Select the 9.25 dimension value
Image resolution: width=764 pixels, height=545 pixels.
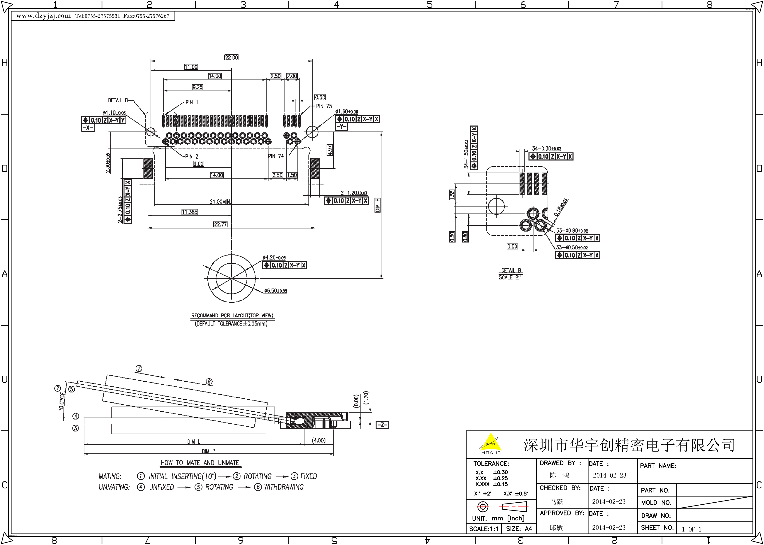197,87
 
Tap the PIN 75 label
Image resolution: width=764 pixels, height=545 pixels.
324,106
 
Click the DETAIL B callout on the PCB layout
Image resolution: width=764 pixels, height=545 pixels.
118,100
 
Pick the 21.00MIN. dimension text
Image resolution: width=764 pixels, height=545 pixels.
220,202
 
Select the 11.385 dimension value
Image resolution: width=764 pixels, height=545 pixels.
190,212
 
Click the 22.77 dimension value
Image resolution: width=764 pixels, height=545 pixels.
220,224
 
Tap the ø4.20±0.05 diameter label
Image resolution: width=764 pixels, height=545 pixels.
274,257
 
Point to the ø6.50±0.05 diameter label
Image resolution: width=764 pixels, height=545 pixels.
275,291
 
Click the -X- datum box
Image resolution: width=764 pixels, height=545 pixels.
88,128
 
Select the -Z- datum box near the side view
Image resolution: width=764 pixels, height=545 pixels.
382,425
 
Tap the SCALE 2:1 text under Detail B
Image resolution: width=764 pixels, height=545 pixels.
510,277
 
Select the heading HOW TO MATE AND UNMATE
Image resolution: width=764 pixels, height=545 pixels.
200,463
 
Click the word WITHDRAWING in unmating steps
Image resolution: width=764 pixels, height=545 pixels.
284,487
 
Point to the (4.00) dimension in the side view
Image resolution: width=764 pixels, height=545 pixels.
318,440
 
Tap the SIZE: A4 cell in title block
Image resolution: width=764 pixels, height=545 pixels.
519,529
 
